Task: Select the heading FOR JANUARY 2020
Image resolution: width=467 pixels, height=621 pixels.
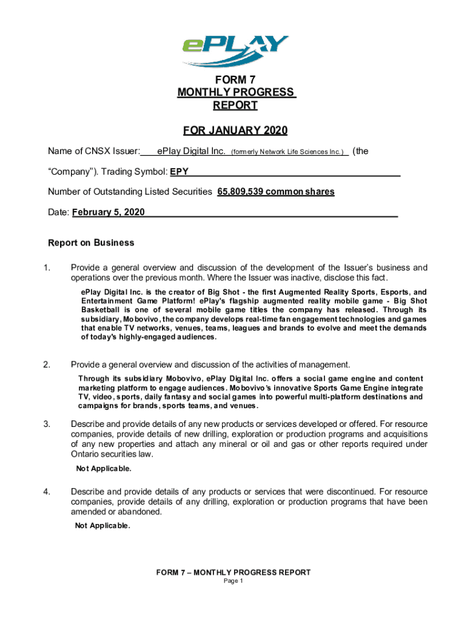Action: (x=235, y=131)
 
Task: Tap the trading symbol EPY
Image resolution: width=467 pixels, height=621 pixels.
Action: (x=179, y=172)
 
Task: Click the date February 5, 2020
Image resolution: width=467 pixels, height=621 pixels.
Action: (x=109, y=213)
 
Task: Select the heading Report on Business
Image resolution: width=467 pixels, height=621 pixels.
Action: (x=91, y=243)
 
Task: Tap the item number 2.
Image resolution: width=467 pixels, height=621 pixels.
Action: (x=47, y=364)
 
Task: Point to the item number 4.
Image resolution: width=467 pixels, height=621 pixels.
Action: (x=47, y=491)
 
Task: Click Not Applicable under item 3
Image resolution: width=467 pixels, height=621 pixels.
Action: (x=104, y=469)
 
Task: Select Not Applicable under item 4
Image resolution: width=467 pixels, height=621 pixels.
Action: (x=102, y=526)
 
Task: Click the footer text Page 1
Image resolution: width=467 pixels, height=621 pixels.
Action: (x=233, y=581)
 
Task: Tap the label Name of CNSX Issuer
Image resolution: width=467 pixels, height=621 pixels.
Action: (x=95, y=151)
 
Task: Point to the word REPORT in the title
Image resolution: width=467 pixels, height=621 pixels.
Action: (x=235, y=106)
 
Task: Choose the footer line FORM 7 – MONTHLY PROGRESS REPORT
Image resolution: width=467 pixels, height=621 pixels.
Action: (x=233, y=572)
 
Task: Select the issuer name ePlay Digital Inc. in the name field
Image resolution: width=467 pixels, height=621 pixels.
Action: (x=191, y=151)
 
